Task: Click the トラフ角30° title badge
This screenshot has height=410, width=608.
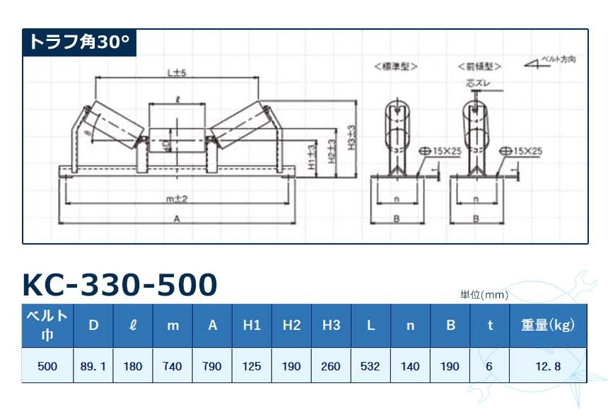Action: tap(78, 42)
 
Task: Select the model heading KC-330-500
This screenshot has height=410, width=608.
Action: tap(119, 284)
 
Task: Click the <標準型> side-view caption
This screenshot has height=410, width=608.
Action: tap(396, 66)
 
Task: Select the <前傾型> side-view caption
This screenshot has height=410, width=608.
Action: tap(479, 66)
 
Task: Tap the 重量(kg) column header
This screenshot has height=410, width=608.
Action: tap(548, 325)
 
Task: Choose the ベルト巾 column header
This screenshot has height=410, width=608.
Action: tap(47, 325)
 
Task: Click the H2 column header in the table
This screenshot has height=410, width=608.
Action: tap(291, 325)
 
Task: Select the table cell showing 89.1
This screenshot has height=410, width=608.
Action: tap(93, 366)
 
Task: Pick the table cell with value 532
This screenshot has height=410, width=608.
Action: tap(370, 366)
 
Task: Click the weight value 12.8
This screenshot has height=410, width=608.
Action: tap(548, 366)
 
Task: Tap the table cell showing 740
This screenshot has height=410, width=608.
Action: tap(173, 366)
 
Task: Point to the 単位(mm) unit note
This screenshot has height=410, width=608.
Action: tap(484, 295)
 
